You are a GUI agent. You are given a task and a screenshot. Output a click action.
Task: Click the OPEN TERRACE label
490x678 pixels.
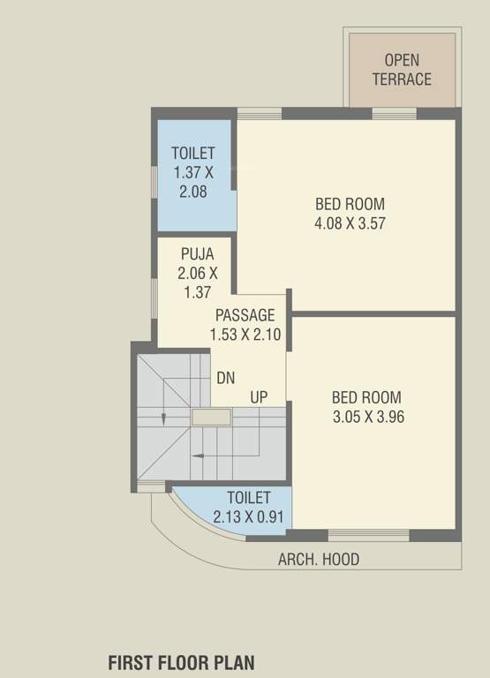click(x=402, y=70)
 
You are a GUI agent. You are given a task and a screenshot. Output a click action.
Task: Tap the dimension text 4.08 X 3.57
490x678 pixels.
click(x=350, y=223)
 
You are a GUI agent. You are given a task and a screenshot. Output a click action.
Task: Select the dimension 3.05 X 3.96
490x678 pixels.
click(x=367, y=417)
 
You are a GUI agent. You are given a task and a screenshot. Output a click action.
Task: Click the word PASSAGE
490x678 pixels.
click(x=245, y=315)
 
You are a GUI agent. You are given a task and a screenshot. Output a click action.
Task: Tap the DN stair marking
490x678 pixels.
click(x=225, y=378)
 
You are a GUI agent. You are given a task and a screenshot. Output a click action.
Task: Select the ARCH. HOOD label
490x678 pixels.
click(x=319, y=560)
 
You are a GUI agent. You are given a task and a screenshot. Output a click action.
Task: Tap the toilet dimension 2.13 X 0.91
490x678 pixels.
click(x=247, y=516)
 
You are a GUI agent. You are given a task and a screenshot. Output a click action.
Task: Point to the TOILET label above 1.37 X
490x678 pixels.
click(x=193, y=154)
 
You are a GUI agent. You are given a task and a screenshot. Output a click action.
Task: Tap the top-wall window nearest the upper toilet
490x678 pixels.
click(x=260, y=113)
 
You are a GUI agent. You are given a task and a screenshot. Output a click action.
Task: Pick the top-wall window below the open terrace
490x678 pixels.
click(x=394, y=113)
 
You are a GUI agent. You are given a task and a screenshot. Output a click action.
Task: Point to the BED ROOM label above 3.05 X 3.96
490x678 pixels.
click(x=366, y=397)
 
